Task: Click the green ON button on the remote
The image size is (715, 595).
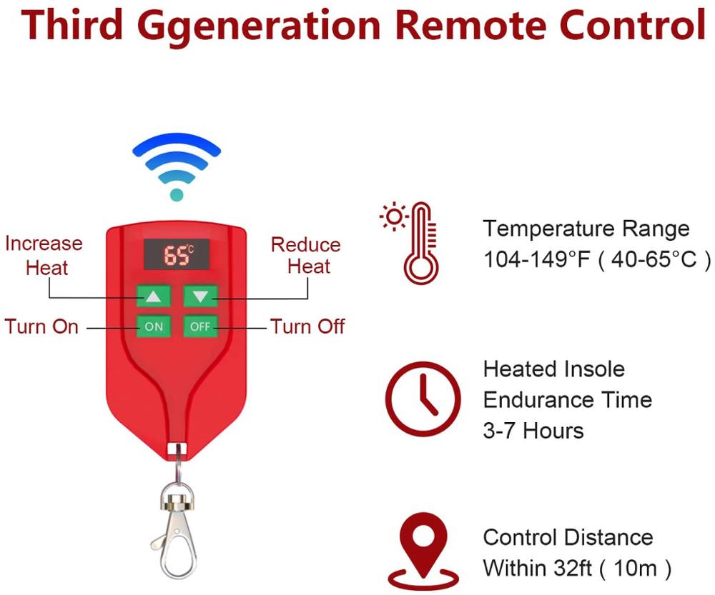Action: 154,326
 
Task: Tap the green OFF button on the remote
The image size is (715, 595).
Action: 200,326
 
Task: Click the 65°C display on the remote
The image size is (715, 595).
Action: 177,254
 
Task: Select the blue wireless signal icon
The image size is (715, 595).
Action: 177,168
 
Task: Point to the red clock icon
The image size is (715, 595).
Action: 422,399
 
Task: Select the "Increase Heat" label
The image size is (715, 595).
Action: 44,255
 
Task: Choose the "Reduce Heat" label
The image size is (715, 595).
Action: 305,255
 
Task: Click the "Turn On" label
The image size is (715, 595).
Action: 41,327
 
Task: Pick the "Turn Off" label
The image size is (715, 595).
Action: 307,327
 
